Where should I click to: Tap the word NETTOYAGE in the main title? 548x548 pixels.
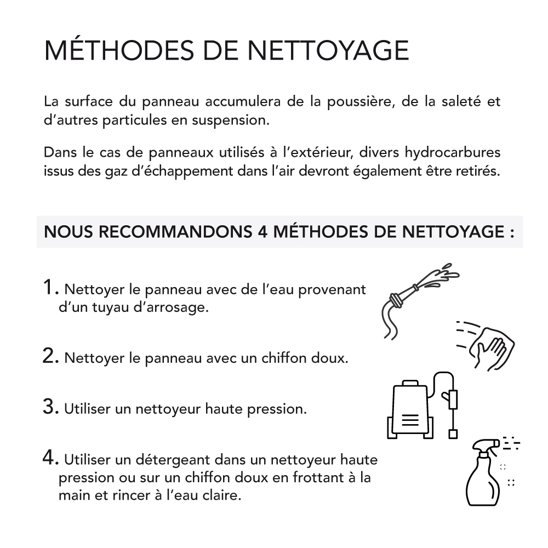[x=328, y=50]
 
